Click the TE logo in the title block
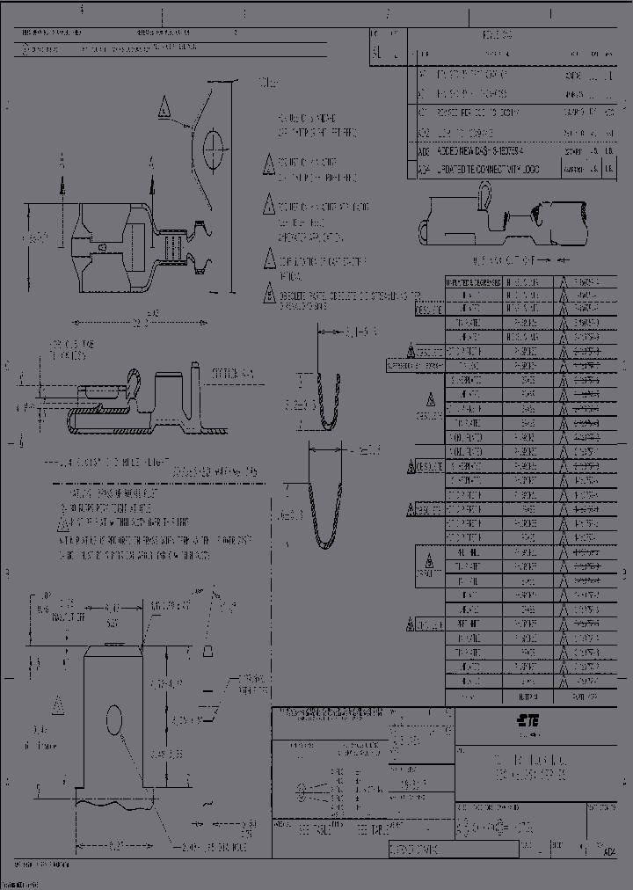pyautogui.click(x=527, y=720)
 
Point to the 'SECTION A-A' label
pyautogui.click(x=233, y=374)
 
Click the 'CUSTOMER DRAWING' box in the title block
pyautogui.click(x=413, y=850)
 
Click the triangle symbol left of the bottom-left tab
pyautogui.click(x=59, y=704)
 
